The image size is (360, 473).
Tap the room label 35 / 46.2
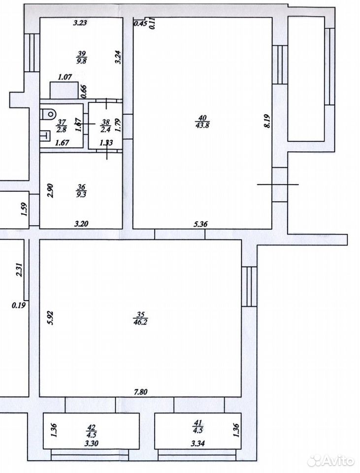point(140,318)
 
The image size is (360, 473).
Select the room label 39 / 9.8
point(82,57)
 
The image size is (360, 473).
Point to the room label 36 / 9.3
point(81,191)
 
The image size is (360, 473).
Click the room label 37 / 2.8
point(62,126)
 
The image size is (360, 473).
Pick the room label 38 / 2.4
point(105,126)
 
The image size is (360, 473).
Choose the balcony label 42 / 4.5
point(92,431)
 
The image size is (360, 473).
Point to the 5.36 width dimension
point(200,224)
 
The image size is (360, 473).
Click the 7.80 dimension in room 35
point(140,392)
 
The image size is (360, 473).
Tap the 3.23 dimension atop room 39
point(80,23)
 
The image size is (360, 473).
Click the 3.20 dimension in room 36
point(81,224)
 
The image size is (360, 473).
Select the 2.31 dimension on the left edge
point(19,270)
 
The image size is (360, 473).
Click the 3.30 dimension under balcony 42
point(92,443)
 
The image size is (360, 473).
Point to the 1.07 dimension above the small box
point(65,77)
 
